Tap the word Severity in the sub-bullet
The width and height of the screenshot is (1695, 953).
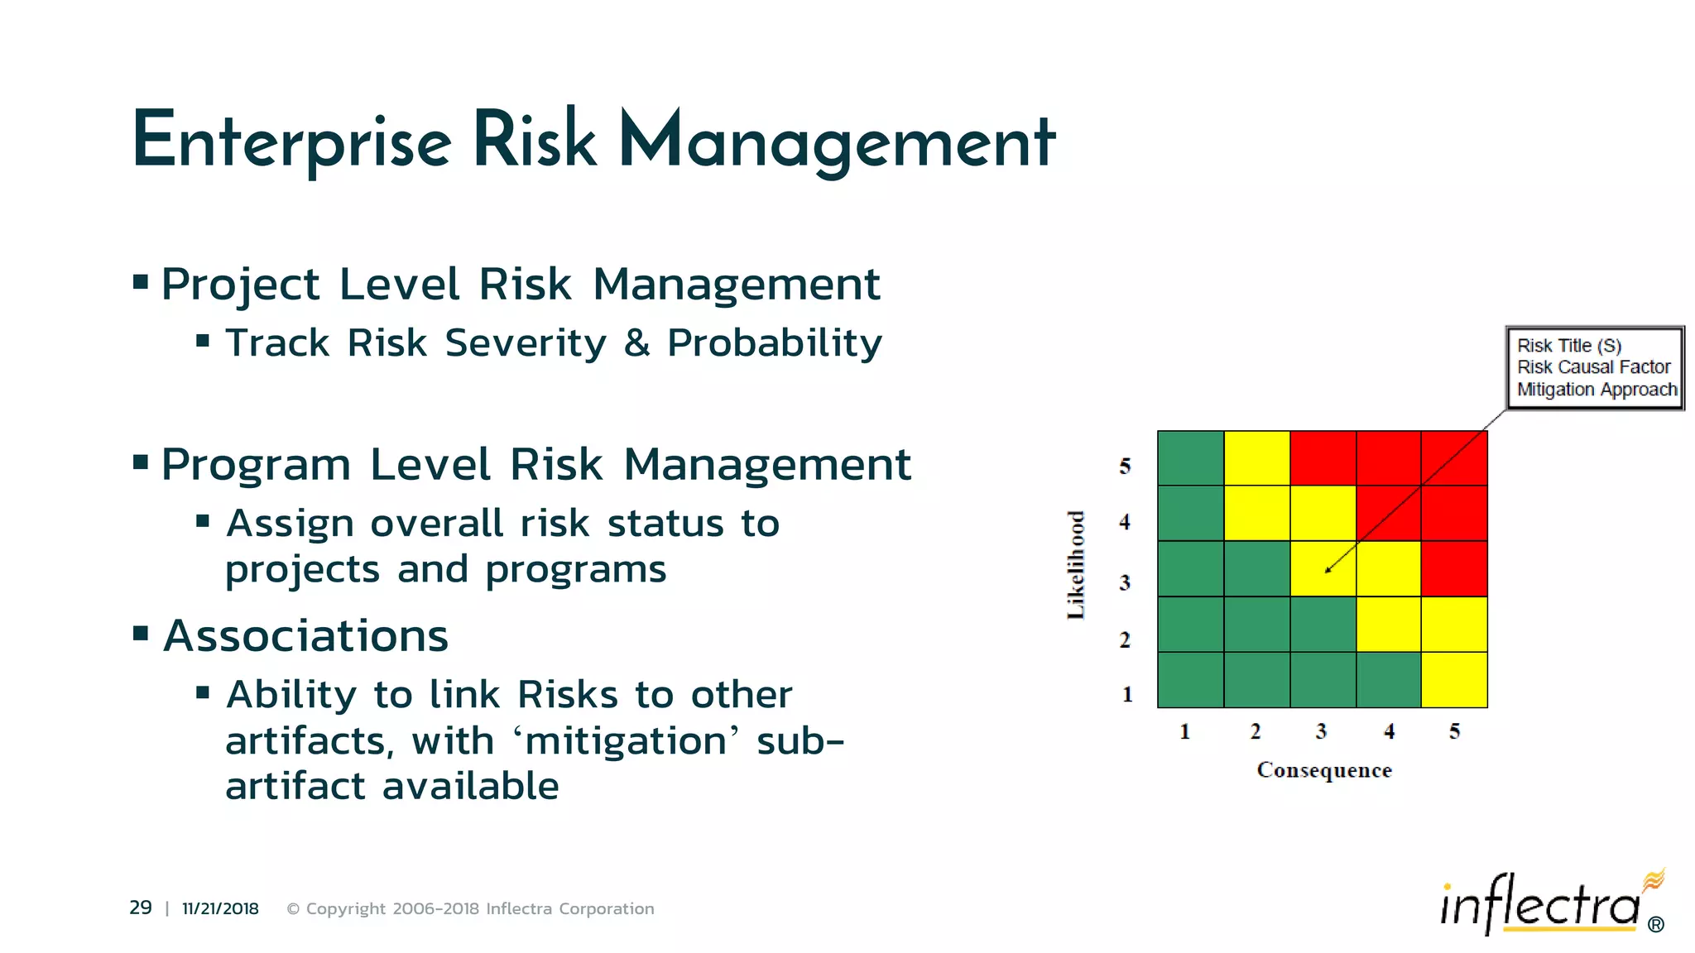click(x=526, y=343)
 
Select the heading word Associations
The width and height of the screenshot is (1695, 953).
click(x=305, y=636)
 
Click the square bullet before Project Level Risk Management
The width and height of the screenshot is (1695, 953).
click(x=141, y=283)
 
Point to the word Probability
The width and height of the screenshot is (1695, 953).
click(x=775, y=343)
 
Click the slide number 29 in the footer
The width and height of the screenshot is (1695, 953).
click(x=141, y=908)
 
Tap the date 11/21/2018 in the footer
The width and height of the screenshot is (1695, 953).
click(x=220, y=908)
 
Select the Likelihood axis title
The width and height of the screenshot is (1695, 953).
click(x=1075, y=565)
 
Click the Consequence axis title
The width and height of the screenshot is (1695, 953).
click(x=1324, y=770)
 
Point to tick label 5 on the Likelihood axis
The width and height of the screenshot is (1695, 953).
click(x=1125, y=467)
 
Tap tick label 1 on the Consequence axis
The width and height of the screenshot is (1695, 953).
click(x=1184, y=731)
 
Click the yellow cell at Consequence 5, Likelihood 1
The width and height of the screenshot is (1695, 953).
click(x=1454, y=680)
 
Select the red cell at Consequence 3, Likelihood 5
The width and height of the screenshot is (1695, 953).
click(x=1323, y=457)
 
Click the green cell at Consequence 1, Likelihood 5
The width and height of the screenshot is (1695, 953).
click(x=1190, y=457)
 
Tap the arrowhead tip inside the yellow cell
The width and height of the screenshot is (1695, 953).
click(x=1327, y=571)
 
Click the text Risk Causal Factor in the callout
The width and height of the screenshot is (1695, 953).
click(x=1593, y=367)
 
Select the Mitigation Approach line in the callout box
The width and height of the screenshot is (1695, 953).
click(x=1597, y=390)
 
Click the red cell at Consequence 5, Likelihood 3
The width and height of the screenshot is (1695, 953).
click(x=1454, y=568)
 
